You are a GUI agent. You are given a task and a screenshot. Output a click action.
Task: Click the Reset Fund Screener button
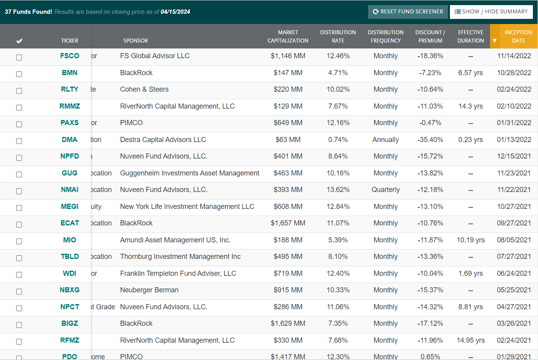tap(407, 12)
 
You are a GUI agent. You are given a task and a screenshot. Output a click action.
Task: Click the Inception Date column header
tap(518, 37)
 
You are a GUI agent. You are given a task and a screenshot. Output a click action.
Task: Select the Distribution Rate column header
tap(338, 37)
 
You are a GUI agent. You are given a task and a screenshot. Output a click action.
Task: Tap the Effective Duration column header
tap(470, 37)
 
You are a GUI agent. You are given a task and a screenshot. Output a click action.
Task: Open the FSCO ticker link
tap(70, 56)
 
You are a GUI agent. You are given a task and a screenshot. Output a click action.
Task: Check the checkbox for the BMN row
tap(19, 74)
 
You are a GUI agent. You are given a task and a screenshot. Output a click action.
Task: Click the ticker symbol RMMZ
tap(70, 106)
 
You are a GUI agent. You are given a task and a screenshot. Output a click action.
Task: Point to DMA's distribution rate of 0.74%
tap(338, 140)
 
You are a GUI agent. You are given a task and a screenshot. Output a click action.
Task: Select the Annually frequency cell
tap(385, 140)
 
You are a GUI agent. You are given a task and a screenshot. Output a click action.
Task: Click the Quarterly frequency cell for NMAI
tap(385, 190)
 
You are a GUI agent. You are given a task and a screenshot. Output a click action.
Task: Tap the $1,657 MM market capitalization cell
tap(288, 223)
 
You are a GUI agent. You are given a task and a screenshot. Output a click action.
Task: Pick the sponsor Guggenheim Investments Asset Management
tap(190, 173)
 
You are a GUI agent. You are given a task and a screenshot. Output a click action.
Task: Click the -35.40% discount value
tap(430, 140)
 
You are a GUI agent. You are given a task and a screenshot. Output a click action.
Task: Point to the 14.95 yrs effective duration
tap(470, 340)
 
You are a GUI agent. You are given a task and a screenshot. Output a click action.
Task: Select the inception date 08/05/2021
tap(514, 240)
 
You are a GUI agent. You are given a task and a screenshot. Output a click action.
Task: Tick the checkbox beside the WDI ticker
tap(19, 275)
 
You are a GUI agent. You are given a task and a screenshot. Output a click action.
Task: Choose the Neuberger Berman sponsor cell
tap(149, 290)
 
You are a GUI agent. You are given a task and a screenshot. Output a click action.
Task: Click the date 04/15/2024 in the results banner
tap(175, 12)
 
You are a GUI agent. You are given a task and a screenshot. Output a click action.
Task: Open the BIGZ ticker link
tap(70, 323)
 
